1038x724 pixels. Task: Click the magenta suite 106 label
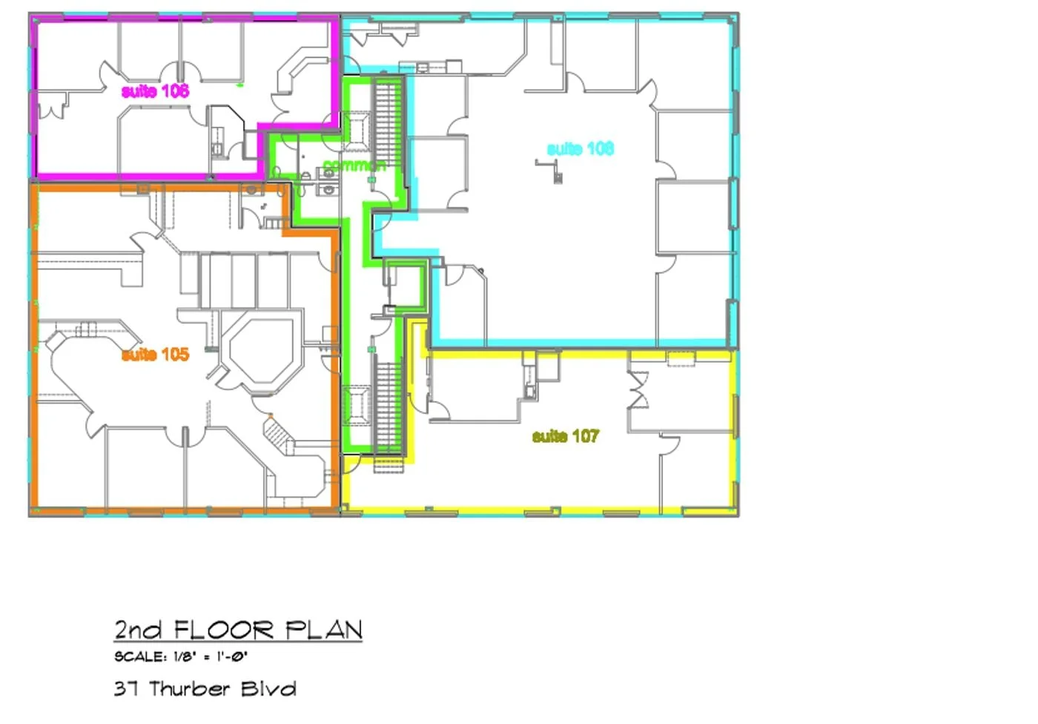[155, 90]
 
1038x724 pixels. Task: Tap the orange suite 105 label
[155, 355]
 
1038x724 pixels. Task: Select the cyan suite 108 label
[581, 149]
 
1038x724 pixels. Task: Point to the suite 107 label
[566, 436]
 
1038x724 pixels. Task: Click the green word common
[354, 165]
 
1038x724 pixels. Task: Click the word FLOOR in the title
[224, 631]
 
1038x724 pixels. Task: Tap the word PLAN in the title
[323, 631]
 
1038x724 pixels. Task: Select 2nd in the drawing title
[138, 631]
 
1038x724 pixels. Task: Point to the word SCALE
[140, 656]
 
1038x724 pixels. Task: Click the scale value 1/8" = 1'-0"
[211, 656]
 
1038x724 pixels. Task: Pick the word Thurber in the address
[190, 689]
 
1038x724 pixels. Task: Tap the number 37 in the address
[126, 689]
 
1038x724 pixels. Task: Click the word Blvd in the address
[268, 689]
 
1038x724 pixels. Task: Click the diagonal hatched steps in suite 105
[279, 432]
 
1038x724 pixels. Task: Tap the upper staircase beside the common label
[389, 125]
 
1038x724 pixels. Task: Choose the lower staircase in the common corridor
[389, 407]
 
